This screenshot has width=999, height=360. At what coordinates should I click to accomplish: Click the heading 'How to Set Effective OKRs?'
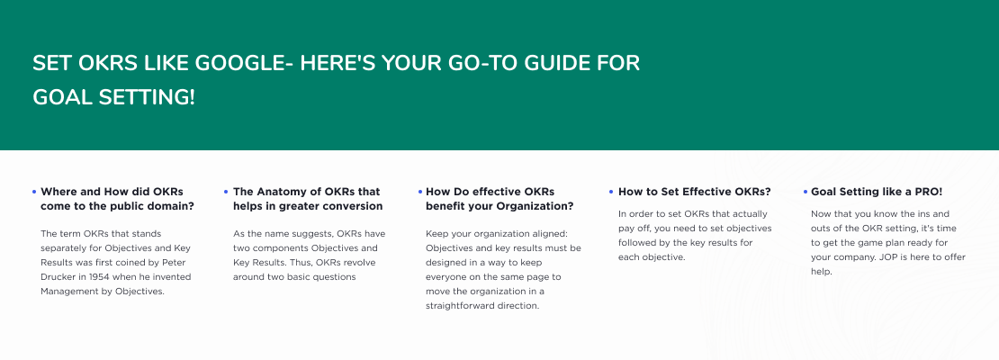pyautogui.click(x=695, y=192)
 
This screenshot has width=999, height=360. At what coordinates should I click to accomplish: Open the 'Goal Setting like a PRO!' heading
pyautogui.click(x=876, y=192)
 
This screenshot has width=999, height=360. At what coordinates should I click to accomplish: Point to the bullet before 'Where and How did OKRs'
pyautogui.click(x=34, y=192)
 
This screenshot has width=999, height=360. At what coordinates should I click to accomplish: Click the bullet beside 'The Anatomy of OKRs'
pyautogui.click(x=226, y=192)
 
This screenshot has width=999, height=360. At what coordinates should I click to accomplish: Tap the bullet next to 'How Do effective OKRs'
pyautogui.click(x=420, y=192)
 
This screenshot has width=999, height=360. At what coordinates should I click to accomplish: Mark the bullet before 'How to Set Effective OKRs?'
pyautogui.click(x=611, y=192)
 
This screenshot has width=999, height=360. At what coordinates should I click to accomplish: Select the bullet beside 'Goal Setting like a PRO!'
pyautogui.click(x=805, y=192)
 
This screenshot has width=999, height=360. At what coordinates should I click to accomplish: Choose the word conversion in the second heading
pyautogui.click(x=352, y=206)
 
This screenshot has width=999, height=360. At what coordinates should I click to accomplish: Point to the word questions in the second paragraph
pyautogui.click(x=335, y=277)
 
